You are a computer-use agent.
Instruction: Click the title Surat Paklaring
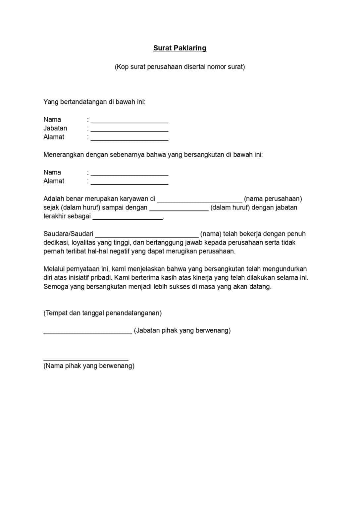(x=180, y=48)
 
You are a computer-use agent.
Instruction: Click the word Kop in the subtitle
(x=121, y=67)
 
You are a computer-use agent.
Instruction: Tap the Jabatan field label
(x=55, y=128)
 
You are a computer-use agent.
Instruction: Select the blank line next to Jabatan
(x=129, y=131)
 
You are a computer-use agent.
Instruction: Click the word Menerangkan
(x=64, y=155)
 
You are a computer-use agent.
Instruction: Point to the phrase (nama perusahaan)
(x=273, y=199)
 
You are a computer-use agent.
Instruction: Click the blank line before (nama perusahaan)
(x=200, y=201)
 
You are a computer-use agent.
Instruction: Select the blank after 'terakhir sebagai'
(x=128, y=218)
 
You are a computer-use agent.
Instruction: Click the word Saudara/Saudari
(x=68, y=234)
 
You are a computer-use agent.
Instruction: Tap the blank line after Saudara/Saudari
(x=147, y=236)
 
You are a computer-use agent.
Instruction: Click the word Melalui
(x=54, y=269)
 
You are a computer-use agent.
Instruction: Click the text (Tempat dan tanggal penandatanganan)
(x=102, y=313)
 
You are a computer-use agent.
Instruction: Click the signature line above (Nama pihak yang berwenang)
(x=86, y=359)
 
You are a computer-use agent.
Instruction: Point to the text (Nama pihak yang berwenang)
(x=89, y=366)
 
